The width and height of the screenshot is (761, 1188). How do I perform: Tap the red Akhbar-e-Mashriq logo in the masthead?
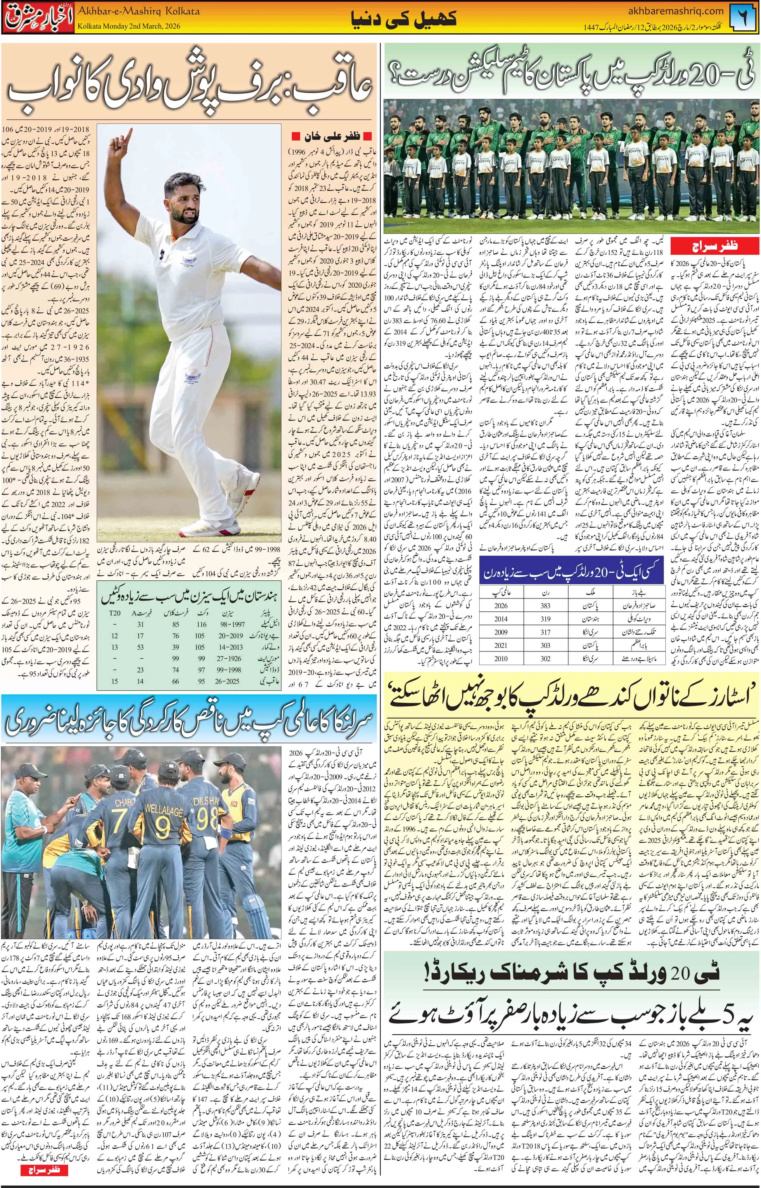(x=38, y=18)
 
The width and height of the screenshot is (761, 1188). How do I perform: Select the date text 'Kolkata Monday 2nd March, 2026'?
(x=129, y=26)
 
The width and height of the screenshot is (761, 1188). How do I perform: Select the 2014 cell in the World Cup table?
(x=501, y=618)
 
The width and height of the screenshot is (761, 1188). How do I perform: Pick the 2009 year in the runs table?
(x=501, y=632)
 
